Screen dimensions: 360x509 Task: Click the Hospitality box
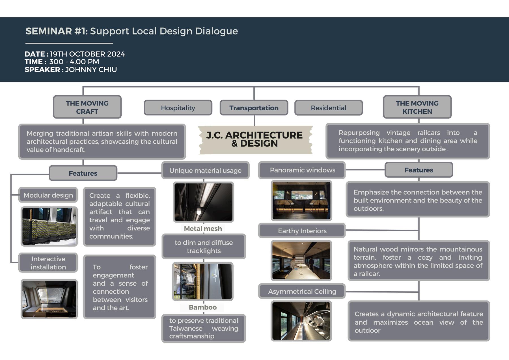pyautogui.click(x=178, y=108)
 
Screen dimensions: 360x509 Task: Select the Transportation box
pyautogui.click(x=254, y=108)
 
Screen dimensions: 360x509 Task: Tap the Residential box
pyautogui.click(x=328, y=108)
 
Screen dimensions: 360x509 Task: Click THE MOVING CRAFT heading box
pyautogui.click(x=87, y=107)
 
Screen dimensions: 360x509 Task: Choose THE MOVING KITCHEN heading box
pyautogui.click(x=417, y=107)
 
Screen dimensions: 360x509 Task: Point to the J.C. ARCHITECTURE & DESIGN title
pyautogui.click(x=255, y=139)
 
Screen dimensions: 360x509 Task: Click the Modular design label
pyautogui.click(x=48, y=195)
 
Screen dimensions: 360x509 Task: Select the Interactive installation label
pyautogui.click(x=48, y=263)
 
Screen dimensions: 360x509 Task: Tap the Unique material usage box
pyautogui.click(x=205, y=170)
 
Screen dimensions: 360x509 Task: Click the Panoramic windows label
pyautogui.click(x=302, y=170)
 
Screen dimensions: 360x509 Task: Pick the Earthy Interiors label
pyautogui.click(x=302, y=231)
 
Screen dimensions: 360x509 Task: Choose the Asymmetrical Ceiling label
pyautogui.click(x=302, y=291)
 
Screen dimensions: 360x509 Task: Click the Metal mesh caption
pyautogui.click(x=203, y=228)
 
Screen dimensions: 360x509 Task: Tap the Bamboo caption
pyautogui.click(x=203, y=307)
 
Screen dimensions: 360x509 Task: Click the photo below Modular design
pyautogui.click(x=49, y=226)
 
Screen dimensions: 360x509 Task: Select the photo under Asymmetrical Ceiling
pyautogui.click(x=301, y=321)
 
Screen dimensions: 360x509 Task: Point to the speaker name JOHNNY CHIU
pyautogui.click(x=91, y=70)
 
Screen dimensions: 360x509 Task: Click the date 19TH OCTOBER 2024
pyautogui.click(x=87, y=54)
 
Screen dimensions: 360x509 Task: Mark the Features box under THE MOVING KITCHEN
pyautogui.click(x=419, y=170)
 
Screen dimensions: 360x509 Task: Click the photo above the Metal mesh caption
pyautogui.click(x=203, y=202)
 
